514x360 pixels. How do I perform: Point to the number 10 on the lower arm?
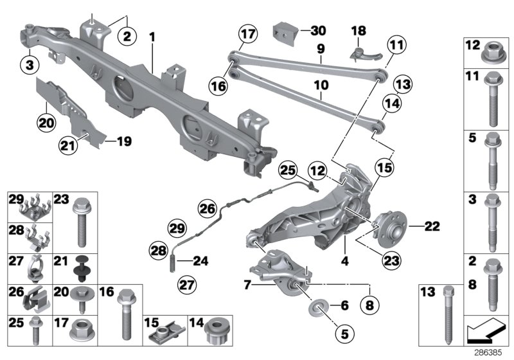click(x=321, y=84)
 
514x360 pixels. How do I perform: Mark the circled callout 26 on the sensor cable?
click(x=206, y=208)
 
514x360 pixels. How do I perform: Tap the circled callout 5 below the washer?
click(x=344, y=334)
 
